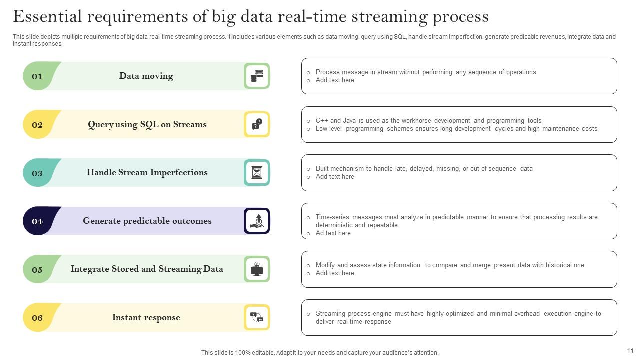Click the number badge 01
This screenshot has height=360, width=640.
tap(37, 76)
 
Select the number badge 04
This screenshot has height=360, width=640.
tap(37, 221)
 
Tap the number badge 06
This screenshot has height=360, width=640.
tap(37, 318)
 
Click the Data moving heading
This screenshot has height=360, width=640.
tap(146, 76)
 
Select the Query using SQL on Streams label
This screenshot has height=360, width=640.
tap(147, 124)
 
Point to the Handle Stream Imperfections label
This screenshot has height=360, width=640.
tap(147, 172)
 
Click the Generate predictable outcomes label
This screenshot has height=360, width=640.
tap(147, 221)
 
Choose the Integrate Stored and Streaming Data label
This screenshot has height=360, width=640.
tap(147, 269)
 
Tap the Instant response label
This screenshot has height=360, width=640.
tap(146, 317)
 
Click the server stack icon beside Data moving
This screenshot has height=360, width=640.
tap(257, 76)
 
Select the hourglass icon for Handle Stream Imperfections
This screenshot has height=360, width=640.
tap(257, 172)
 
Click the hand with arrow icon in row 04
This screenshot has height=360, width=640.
tap(257, 221)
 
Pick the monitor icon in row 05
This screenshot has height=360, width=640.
tap(257, 269)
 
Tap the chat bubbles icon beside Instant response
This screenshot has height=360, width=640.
tap(257, 317)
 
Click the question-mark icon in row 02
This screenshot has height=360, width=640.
tap(257, 124)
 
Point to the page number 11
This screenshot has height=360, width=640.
tap(630, 351)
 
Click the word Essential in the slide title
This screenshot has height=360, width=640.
tap(47, 17)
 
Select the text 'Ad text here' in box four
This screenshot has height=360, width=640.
tap(333, 233)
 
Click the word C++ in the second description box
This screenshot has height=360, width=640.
tap(322, 121)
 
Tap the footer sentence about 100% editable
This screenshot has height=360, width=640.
tap(320, 353)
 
